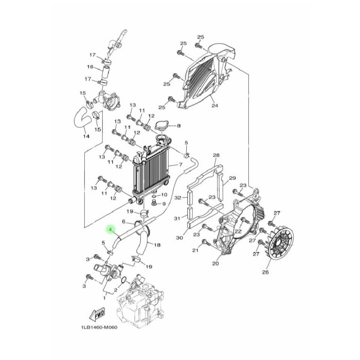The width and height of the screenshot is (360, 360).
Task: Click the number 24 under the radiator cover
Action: point(214,106)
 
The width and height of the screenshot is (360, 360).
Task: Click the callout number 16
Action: point(91,67)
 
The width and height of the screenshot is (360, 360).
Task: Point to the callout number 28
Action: point(216,155)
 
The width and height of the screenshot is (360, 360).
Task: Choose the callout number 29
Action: point(232,178)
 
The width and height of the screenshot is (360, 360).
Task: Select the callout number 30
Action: point(179,238)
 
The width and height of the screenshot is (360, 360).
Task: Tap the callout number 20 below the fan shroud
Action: point(215,264)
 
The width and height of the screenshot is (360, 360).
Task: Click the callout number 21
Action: point(195,251)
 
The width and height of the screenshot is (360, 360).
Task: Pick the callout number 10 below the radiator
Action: point(164,195)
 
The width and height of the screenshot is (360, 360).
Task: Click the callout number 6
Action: point(123,222)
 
